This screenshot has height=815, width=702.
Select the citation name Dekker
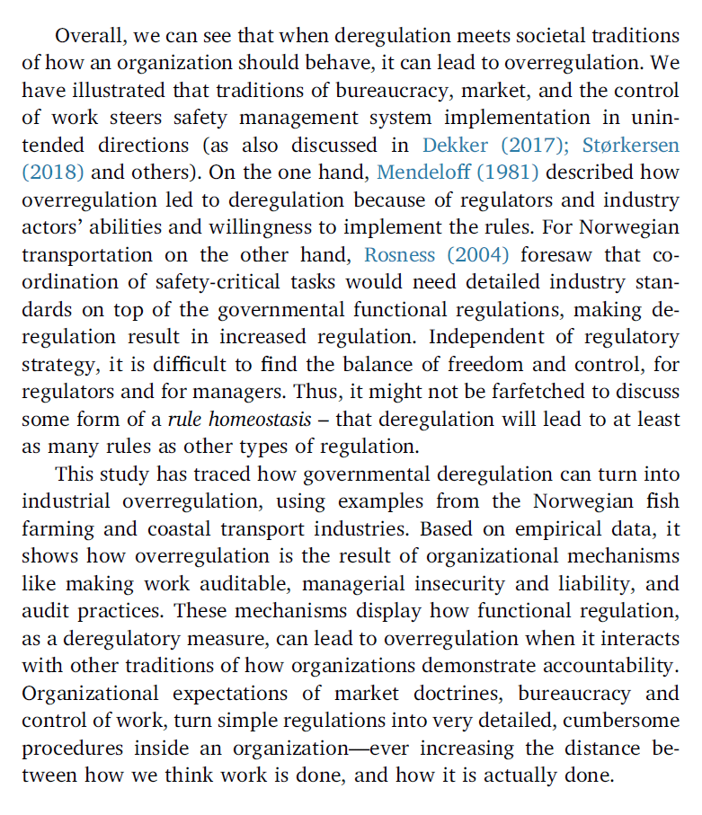pyautogui.click(x=455, y=145)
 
